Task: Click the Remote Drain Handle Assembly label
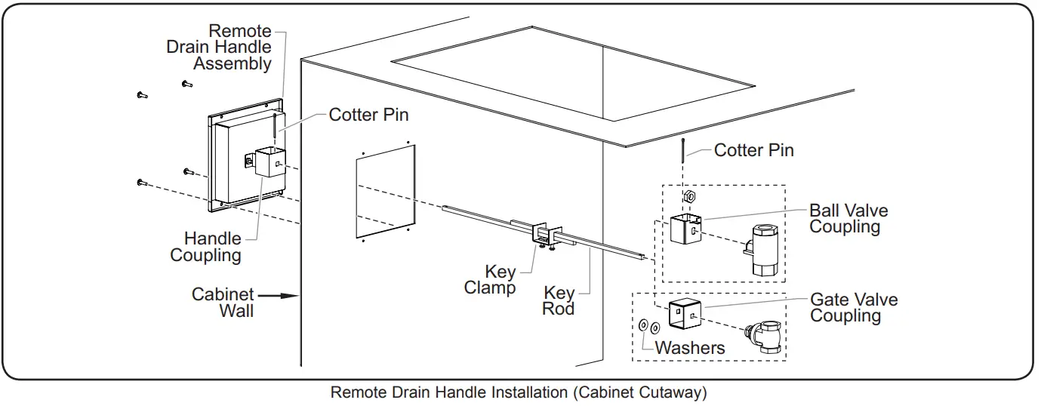220,47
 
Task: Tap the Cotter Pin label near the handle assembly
368,115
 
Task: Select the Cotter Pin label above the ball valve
753,150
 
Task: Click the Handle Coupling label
206,247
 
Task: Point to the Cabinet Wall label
223,302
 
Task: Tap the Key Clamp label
490,279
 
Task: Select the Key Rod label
559,300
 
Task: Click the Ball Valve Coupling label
848,218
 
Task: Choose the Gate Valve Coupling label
854,308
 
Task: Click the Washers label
690,348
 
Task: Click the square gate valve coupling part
685,313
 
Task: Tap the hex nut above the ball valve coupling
688,197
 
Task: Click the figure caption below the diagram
519,393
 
